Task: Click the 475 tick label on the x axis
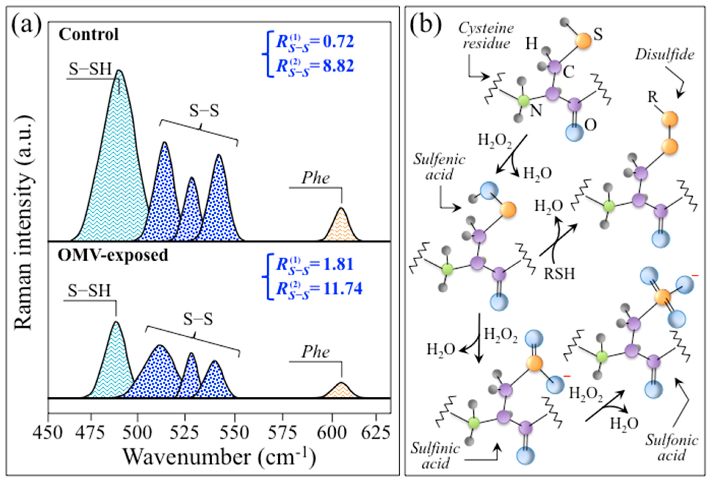click(x=91, y=433)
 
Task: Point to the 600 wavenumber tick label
click(x=332, y=433)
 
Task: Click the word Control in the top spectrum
click(x=89, y=34)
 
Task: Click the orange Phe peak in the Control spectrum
click(x=341, y=227)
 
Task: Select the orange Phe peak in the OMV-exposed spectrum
click(x=340, y=391)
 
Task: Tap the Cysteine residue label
click(x=486, y=36)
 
